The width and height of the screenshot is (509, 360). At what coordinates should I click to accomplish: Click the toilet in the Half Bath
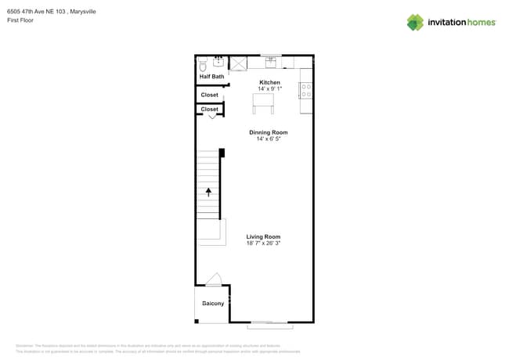click(x=203, y=65)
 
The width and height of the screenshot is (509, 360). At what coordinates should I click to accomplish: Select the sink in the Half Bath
click(x=218, y=61)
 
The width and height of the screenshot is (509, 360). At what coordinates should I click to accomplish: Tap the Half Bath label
click(x=211, y=77)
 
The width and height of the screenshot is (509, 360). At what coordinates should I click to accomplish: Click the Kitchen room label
click(x=269, y=82)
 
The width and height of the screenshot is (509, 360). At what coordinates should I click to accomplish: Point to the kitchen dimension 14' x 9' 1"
click(x=269, y=89)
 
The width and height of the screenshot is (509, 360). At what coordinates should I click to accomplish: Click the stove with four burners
click(x=306, y=90)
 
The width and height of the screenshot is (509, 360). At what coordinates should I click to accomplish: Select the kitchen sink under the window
click(x=270, y=62)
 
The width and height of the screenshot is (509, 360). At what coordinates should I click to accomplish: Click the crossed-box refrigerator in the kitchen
click(x=237, y=63)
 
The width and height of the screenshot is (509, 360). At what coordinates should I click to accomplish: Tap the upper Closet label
click(x=210, y=95)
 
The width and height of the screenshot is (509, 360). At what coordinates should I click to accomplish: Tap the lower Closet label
click(x=210, y=110)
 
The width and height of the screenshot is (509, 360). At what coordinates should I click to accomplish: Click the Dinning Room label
click(x=269, y=132)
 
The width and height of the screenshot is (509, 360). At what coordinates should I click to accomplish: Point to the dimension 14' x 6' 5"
click(x=269, y=139)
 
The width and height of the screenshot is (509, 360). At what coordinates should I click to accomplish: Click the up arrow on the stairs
click(x=208, y=190)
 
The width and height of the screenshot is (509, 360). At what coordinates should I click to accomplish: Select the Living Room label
click(x=263, y=236)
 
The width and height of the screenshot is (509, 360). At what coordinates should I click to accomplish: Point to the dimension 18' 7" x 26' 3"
click(x=263, y=243)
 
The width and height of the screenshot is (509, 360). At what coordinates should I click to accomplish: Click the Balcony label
click(x=213, y=304)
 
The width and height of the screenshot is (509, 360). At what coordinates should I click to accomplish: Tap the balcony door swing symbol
click(x=214, y=280)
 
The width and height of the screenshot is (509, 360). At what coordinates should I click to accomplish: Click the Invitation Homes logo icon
click(x=415, y=22)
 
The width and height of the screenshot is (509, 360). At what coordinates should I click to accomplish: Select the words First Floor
click(x=20, y=20)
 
